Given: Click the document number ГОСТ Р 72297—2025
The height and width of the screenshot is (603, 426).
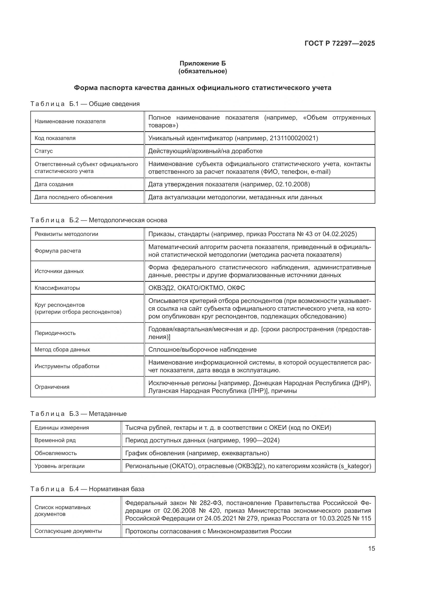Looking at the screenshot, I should click(x=340, y=43).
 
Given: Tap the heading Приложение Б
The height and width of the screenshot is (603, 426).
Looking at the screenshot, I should click(x=202, y=63).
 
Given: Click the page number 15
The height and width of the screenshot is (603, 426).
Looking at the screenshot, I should click(x=371, y=548).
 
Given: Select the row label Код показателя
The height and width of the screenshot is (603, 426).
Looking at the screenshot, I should click(x=55, y=138).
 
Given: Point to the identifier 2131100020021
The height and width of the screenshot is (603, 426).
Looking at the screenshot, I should click(x=294, y=138).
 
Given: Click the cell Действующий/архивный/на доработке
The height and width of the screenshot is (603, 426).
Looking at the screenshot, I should click(x=205, y=151).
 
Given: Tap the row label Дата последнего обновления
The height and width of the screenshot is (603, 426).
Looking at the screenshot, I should click(x=73, y=197).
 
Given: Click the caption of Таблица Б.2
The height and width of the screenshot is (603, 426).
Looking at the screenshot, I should click(x=99, y=220).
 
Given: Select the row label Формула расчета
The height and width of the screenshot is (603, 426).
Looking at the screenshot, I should click(x=58, y=251).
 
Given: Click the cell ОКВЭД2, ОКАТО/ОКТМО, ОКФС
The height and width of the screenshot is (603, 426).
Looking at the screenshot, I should click(x=197, y=288).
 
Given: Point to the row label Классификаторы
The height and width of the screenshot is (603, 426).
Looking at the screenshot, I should click(x=57, y=288).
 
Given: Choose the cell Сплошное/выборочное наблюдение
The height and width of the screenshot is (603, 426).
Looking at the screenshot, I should click(x=202, y=350).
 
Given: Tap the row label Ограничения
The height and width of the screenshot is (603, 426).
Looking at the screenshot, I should click(x=52, y=387).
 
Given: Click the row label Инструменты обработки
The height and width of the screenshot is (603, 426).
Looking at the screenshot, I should click(x=67, y=366).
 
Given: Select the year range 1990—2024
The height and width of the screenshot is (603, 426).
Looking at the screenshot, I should click(x=260, y=440).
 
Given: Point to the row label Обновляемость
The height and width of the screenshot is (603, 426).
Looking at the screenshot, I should click(x=56, y=453).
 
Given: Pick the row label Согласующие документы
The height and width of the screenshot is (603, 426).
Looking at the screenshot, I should click(x=68, y=531).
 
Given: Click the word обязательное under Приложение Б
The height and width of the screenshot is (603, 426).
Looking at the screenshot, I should click(x=202, y=71).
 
